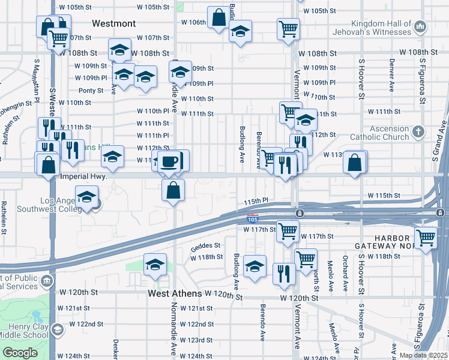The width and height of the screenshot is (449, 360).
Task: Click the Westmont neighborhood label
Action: coord(113,23)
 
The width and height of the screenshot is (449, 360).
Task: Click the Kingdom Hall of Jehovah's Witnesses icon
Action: coord(420,26)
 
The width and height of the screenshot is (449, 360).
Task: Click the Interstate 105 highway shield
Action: coord(253,221)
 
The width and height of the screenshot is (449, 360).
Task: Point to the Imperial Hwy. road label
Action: coord(84,177)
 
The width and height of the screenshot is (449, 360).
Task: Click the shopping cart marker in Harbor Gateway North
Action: coord(426,238)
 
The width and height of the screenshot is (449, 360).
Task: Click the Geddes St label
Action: coord(206,245)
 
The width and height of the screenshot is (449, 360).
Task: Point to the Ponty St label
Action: coord(91,91)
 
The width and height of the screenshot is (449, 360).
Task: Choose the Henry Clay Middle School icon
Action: coord(56,330)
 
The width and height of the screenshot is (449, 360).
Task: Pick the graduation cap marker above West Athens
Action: coord(155,264)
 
